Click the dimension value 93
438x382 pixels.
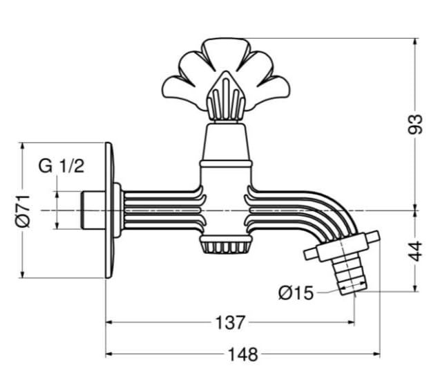(415, 124)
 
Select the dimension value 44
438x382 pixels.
(416, 251)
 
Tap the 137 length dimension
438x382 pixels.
(230, 322)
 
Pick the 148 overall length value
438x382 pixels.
(243, 354)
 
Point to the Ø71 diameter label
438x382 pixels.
(23, 211)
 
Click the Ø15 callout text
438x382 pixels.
(296, 293)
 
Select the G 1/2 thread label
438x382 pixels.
(61, 166)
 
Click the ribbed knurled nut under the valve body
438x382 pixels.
(226, 244)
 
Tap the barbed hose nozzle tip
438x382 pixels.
(349, 275)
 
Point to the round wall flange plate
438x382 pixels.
(110, 210)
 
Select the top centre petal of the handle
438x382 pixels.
(226, 53)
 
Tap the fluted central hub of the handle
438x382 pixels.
(226, 97)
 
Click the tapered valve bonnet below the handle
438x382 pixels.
(226, 143)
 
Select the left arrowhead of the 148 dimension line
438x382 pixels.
(108, 354)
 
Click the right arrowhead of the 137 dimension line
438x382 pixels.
(352, 322)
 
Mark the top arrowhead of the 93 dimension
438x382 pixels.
(416, 41)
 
